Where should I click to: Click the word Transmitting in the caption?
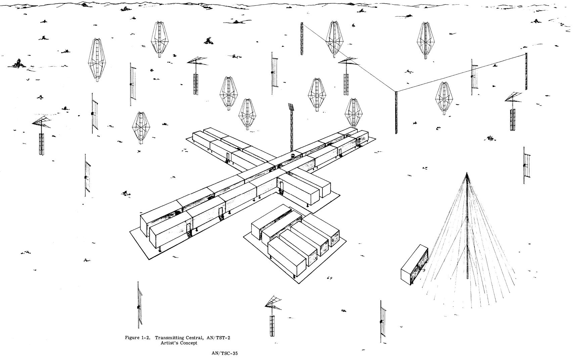pyautogui.click(x=170, y=337)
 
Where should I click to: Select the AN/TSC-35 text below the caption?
pyautogui.click(x=225, y=353)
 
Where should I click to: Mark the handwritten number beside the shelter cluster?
pyautogui.click(x=329, y=278)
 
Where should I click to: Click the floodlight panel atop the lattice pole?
pyautogui.click(x=290, y=107)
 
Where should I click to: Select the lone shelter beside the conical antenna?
pyautogui.click(x=414, y=265)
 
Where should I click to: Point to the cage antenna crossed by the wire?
pyautogui.click(x=335, y=39)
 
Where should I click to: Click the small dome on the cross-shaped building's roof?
pyautogui.click(x=293, y=155)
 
